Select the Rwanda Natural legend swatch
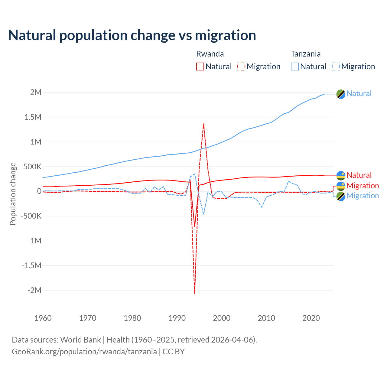(200, 67)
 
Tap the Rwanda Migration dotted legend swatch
(241, 67)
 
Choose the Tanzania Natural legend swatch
(294, 67)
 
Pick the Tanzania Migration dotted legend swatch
(336, 67)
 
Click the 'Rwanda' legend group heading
(210, 54)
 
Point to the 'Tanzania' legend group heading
(305, 54)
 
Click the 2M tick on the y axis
(36, 92)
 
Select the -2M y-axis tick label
(34, 290)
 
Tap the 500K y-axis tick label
(32, 167)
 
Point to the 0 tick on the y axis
(39, 191)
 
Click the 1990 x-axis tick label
(177, 318)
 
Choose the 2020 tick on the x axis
(311, 318)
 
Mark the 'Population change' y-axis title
(13, 194)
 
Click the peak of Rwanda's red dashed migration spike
(203, 123)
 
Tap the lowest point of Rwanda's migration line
(195, 293)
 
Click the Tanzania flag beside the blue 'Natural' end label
(341, 94)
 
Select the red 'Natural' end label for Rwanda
(359, 175)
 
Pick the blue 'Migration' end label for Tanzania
(363, 196)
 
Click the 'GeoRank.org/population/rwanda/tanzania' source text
(84, 352)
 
